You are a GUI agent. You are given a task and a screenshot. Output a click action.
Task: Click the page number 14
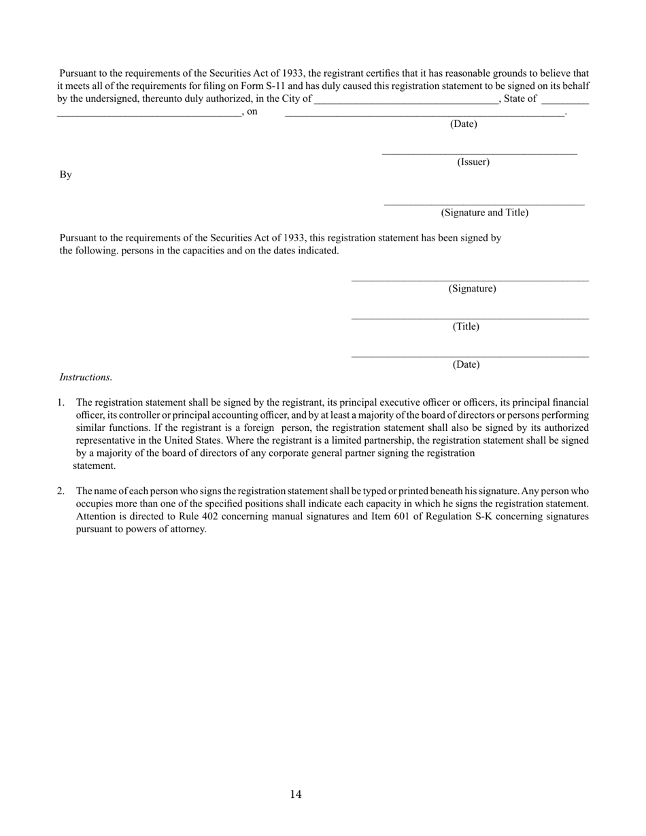[295, 794]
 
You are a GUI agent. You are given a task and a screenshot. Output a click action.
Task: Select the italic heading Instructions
[86, 377]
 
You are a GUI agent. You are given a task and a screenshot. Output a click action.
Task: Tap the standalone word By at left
[65, 175]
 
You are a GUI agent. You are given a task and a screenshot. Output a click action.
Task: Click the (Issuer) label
[473, 162]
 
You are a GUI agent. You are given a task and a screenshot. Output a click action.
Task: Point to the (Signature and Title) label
[484, 213]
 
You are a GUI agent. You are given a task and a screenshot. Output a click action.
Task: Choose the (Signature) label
[472, 289]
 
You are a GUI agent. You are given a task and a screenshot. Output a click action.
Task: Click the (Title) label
[466, 327]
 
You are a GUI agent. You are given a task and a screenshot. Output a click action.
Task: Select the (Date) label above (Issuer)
[464, 124]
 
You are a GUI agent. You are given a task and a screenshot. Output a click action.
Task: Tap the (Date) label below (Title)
[466, 364]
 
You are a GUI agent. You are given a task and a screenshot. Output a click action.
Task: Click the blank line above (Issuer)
[479, 154]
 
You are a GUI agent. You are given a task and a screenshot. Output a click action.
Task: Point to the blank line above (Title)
[470, 318]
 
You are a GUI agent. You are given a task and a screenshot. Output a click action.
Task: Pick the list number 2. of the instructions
[61, 491]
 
